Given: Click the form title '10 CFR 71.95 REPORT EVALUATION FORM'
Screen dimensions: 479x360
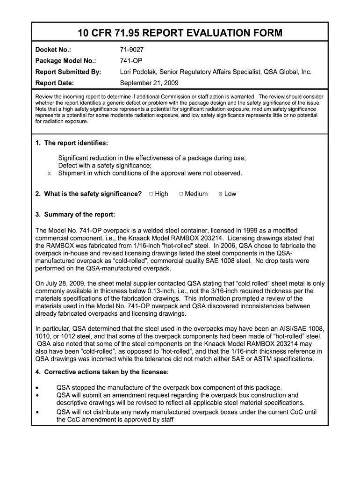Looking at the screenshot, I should pyautogui.click(x=180, y=33).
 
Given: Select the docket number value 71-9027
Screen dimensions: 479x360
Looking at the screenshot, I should pyautogui.click(x=134, y=49).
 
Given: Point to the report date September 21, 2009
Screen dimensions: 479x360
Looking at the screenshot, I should pyautogui.click(x=149, y=84).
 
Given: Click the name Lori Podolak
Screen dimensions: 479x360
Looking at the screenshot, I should pyautogui.click(x=139, y=72).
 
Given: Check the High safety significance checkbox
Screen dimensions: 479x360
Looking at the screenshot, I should pyautogui.click(x=151, y=194).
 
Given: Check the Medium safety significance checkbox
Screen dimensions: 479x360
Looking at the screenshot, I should pyautogui.click(x=181, y=194).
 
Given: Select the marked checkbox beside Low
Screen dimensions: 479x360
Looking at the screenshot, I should pyautogui.click(x=221, y=194).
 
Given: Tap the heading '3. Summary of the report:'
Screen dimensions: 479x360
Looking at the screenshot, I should pyautogui.click(x=75, y=215).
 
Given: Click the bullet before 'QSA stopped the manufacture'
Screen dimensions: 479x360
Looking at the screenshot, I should pyautogui.click(x=37, y=388).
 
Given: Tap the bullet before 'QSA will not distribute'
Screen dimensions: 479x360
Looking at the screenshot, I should pyautogui.click(x=37, y=412).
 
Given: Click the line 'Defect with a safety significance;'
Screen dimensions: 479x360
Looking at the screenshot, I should pyautogui.click(x=105, y=166).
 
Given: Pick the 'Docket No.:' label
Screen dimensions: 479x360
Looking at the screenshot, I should pyautogui.click(x=53, y=49).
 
